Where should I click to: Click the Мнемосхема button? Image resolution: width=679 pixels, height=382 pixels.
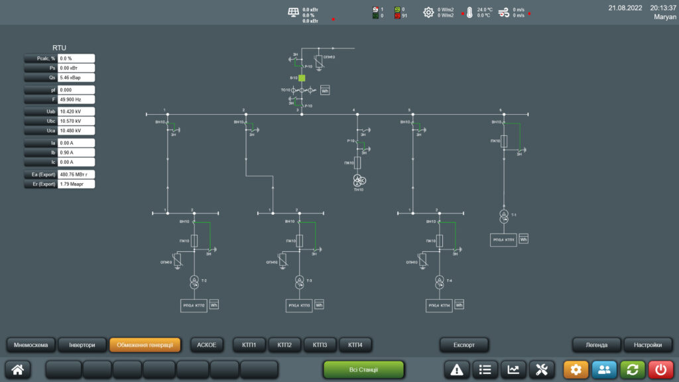pyautogui.click(x=31, y=345)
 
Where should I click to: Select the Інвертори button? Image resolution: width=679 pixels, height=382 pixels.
pyautogui.click(x=82, y=345)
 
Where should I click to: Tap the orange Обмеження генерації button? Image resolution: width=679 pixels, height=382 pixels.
pyautogui.click(x=145, y=345)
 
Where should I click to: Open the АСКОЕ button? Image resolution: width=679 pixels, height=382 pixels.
pyautogui.click(x=207, y=345)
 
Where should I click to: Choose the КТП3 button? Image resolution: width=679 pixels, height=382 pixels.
pyautogui.click(x=320, y=345)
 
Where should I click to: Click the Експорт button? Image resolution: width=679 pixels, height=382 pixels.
pyautogui.click(x=464, y=345)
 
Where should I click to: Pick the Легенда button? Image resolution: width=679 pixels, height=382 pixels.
pyautogui.click(x=596, y=345)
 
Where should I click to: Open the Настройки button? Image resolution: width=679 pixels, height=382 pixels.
pyautogui.click(x=648, y=345)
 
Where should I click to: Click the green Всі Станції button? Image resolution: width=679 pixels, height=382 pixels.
pyautogui.click(x=363, y=369)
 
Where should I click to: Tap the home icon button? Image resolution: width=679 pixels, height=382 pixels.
pyautogui.click(x=18, y=370)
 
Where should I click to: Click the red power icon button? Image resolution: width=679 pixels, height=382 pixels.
pyautogui.click(x=660, y=370)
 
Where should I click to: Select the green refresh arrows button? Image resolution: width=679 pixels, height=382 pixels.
pyautogui.click(x=633, y=370)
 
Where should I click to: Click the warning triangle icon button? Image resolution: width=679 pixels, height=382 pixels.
pyautogui.click(x=456, y=370)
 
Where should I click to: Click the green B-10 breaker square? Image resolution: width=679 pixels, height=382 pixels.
pyautogui.click(x=302, y=78)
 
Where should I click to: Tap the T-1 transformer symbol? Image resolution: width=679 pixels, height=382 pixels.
pyautogui.click(x=504, y=216)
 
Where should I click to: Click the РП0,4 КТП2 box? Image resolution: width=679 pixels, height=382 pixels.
pyautogui.click(x=194, y=305)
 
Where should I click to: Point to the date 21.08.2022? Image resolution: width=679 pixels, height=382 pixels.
pyautogui.click(x=625, y=7)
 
